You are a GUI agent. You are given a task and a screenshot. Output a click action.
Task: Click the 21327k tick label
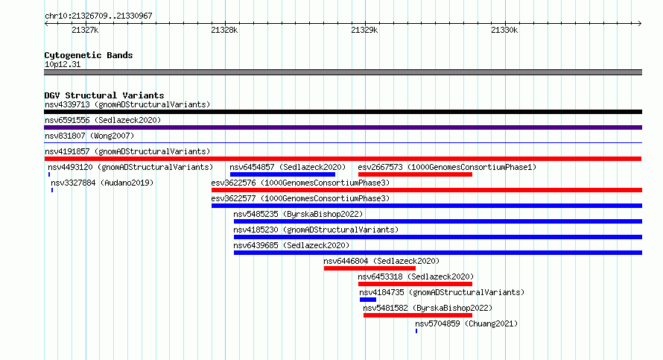(x=85, y=30)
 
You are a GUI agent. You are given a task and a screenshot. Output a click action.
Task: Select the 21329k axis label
(x=364, y=30)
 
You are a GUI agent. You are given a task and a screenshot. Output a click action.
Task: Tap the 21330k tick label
(x=504, y=30)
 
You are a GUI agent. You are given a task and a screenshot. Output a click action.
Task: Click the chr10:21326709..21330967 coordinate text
(x=98, y=16)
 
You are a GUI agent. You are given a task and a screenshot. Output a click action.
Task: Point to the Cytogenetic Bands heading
(x=89, y=55)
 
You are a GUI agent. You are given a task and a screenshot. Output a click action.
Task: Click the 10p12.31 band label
(x=63, y=64)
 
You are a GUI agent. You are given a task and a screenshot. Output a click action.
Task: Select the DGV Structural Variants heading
(x=104, y=95)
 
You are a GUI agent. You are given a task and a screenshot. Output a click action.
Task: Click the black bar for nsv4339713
(x=343, y=112)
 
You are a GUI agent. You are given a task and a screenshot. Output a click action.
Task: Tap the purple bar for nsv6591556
(x=343, y=127)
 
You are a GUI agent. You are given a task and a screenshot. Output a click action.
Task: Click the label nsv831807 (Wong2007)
(x=89, y=136)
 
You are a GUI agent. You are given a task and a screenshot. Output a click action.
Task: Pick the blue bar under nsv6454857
(x=282, y=174)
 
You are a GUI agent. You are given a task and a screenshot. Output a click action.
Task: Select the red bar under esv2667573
(x=415, y=174)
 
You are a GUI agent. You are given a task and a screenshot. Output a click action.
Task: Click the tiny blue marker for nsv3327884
(x=52, y=190)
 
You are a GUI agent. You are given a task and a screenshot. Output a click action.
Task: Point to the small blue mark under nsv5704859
(x=416, y=331)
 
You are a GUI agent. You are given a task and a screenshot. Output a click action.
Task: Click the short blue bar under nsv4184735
(x=368, y=300)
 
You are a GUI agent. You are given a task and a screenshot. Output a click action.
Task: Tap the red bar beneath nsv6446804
(x=369, y=268)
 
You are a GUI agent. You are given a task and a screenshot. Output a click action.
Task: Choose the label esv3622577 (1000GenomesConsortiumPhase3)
(x=300, y=198)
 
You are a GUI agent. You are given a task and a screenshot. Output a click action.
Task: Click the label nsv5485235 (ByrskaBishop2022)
(x=298, y=214)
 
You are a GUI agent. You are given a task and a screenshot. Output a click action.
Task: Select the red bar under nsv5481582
(x=418, y=315)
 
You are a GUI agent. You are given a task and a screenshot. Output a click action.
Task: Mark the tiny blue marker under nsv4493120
(x=49, y=174)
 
